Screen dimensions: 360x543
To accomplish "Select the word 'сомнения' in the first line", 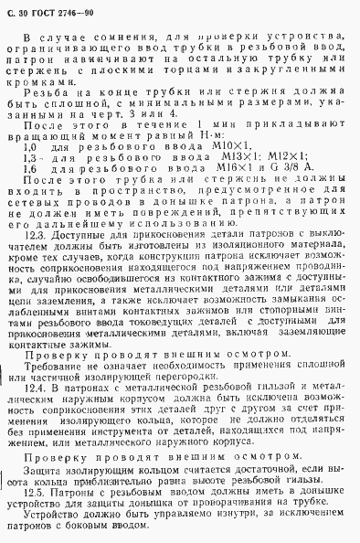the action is tap(103, 36).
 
